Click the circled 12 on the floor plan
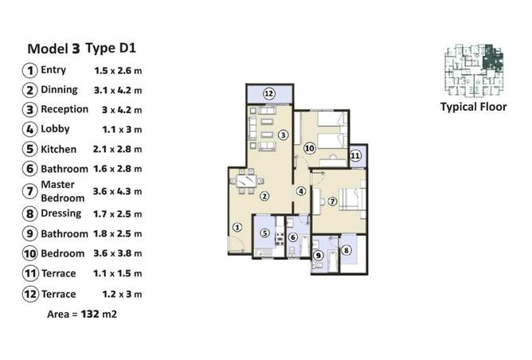pos(269,94)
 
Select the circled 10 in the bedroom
pos(310,147)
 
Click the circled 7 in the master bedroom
pos(333,201)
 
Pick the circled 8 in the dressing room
pos(346,250)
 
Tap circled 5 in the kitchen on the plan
pos(264,233)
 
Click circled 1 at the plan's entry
pos(237,227)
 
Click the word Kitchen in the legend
pos(58,149)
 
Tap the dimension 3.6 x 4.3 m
pos(117,191)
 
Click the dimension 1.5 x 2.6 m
pos(117,70)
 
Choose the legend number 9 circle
pos(29,234)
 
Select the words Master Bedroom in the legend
pos(62,191)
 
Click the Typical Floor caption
pos(473,107)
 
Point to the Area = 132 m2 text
pos(82,315)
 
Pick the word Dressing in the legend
pos(61,213)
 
